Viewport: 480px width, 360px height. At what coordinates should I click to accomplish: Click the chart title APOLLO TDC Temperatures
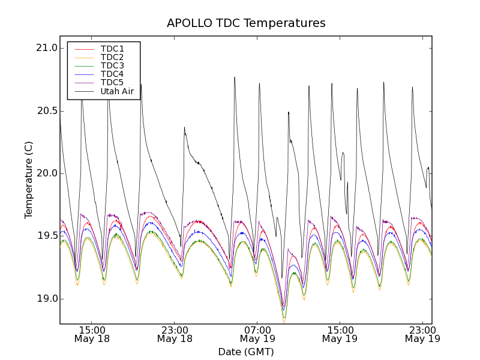point(246,23)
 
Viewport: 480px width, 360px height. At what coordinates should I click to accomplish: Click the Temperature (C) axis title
point(29,180)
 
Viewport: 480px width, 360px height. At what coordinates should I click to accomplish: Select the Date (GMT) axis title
point(246,352)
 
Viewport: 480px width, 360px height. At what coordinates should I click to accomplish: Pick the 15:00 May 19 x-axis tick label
point(340,334)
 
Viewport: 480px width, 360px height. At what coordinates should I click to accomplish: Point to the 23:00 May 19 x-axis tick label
point(422,334)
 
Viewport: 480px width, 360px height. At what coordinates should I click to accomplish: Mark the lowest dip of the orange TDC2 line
point(284,322)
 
